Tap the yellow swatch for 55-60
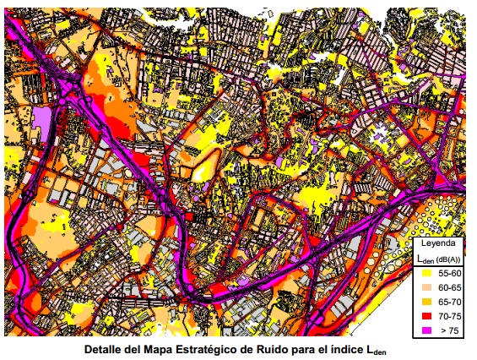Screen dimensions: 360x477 pyautogui.click(x=426, y=274)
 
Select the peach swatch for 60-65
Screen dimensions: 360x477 pyautogui.click(x=426, y=288)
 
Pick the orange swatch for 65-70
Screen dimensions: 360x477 pyautogui.click(x=426, y=302)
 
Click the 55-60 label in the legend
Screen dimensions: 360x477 pyautogui.click(x=450, y=274)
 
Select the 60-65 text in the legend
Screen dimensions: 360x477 pyautogui.click(x=450, y=288)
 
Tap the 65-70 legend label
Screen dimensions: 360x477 pyautogui.click(x=450, y=302)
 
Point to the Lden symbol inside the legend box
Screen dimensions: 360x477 pyautogui.click(x=424, y=258)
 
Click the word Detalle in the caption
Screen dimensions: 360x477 pyautogui.click(x=105, y=347)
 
